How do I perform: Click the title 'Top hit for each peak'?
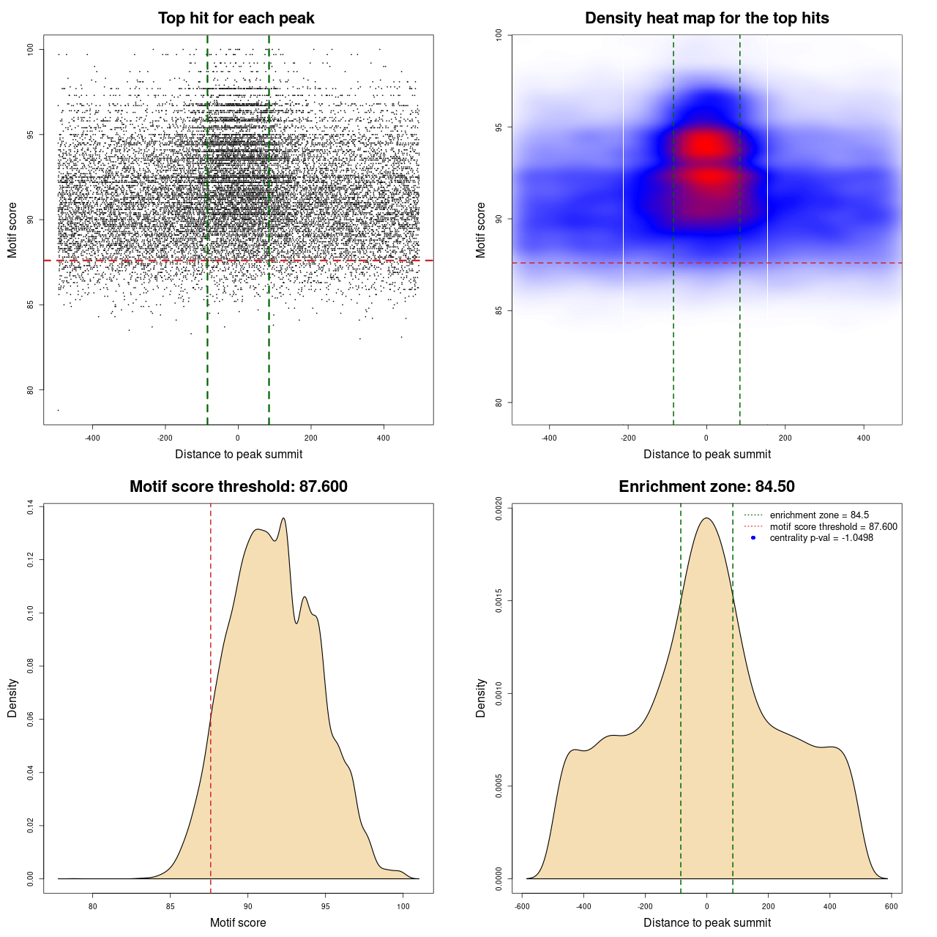(x=236, y=18)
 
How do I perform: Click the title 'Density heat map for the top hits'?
(x=706, y=18)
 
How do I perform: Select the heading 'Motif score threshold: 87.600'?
(x=238, y=487)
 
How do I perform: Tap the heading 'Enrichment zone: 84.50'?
(x=706, y=487)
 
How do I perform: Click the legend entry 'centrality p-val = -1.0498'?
(x=821, y=538)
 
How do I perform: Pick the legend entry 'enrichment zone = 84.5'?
(x=819, y=515)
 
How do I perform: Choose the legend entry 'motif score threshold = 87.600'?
(x=833, y=527)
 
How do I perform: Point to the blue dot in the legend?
(x=753, y=538)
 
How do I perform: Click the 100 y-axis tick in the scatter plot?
(x=31, y=50)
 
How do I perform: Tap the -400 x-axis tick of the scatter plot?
(x=92, y=438)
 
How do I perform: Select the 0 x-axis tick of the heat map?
(x=706, y=438)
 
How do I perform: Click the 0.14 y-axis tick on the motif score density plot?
(x=31, y=507)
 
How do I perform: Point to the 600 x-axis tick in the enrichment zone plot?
(x=891, y=906)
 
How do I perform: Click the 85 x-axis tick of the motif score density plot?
(x=171, y=906)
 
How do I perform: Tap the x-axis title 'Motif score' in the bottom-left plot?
(x=238, y=922)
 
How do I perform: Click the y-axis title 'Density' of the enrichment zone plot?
(x=481, y=698)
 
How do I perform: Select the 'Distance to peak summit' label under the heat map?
(x=706, y=454)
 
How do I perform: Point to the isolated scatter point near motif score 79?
(x=58, y=410)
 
